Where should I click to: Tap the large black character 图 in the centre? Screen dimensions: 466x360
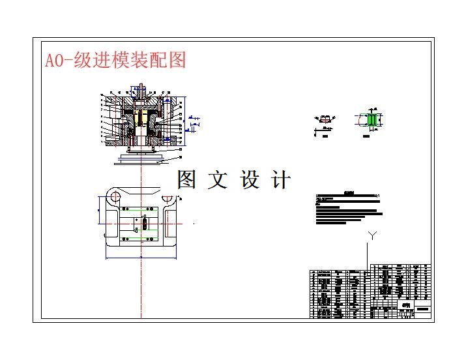click(186, 179)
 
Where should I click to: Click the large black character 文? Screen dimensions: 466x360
click(218, 179)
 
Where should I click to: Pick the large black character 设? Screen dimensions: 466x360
click(250, 179)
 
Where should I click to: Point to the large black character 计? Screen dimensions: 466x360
click(282, 179)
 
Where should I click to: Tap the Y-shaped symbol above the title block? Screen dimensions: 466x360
click(372, 235)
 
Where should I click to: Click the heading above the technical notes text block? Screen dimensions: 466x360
click(347, 194)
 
